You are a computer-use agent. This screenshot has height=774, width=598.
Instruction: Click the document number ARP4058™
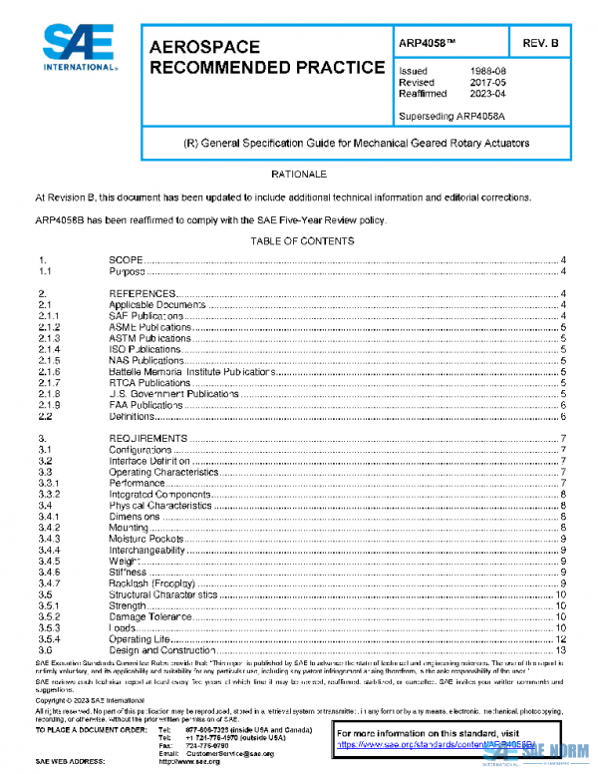tap(430, 44)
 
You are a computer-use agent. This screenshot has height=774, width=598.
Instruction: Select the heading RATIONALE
tap(299, 175)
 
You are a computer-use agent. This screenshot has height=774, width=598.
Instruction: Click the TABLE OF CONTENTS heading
tap(299, 241)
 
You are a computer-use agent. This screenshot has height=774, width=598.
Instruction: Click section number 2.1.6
tap(50, 372)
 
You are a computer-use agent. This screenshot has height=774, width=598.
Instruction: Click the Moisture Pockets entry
tap(149, 540)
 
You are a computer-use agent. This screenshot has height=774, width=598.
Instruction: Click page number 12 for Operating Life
tap(560, 639)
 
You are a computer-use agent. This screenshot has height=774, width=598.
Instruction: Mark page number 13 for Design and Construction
tap(560, 651)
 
